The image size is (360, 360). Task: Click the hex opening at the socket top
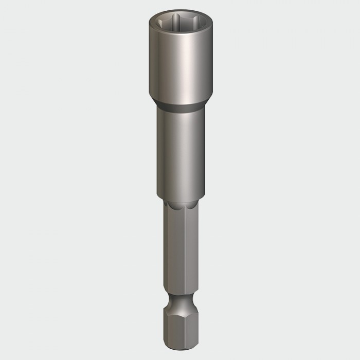point(181,24)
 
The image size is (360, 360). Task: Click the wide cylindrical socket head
point(181,67)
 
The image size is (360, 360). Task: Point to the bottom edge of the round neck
point(181,200)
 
